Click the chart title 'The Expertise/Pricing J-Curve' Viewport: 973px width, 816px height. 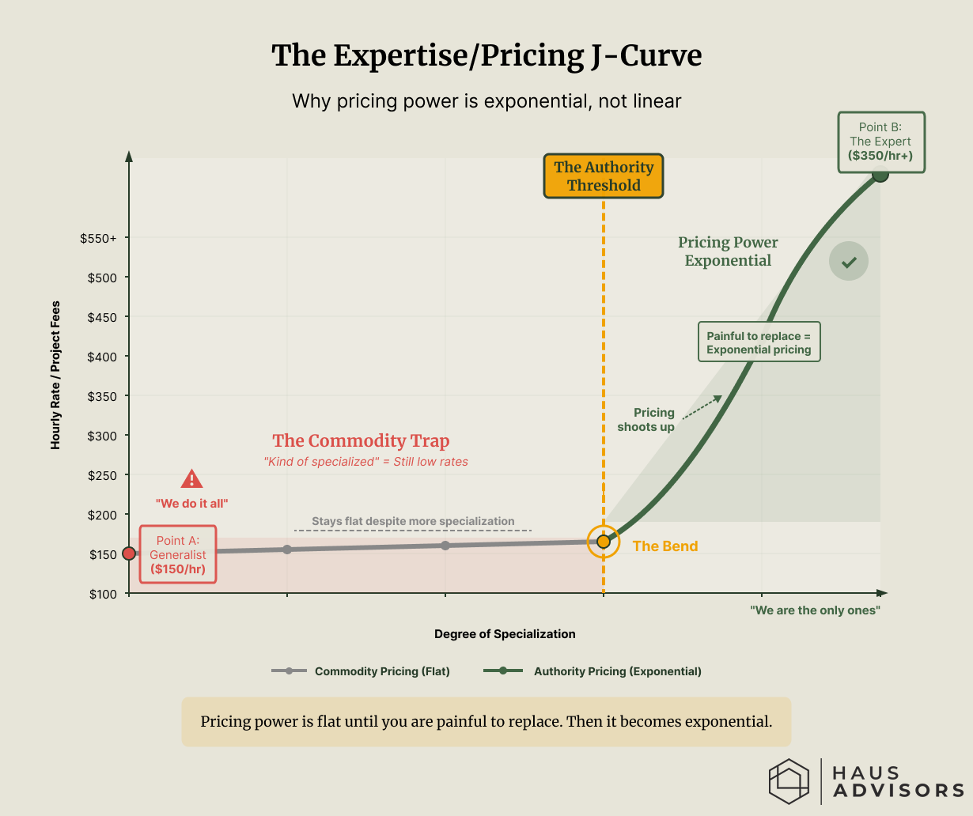(486, 56)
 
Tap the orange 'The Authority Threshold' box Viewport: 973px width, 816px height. (604, 176)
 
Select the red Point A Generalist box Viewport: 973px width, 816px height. (178, 554)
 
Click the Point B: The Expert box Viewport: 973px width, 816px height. (880, 142)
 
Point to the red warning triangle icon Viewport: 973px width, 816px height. (191, 479)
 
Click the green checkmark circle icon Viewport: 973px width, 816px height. (849, 262)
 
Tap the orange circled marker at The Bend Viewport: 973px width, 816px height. (604, 542)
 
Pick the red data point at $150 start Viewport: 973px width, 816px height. (129, 553)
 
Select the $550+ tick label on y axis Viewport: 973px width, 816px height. (98, 238)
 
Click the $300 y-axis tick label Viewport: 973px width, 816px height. (103, 436)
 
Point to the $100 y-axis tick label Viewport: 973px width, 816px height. (103, 594)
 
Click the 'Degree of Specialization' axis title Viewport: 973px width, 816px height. (505, 634)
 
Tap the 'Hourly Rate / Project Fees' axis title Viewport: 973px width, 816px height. (55, 376)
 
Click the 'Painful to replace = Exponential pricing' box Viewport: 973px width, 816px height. (759, 342)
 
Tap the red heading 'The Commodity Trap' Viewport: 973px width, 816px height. (361, 441)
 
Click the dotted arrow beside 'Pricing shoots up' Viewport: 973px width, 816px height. (702, 407)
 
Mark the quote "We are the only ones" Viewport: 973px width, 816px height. (815, 610)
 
